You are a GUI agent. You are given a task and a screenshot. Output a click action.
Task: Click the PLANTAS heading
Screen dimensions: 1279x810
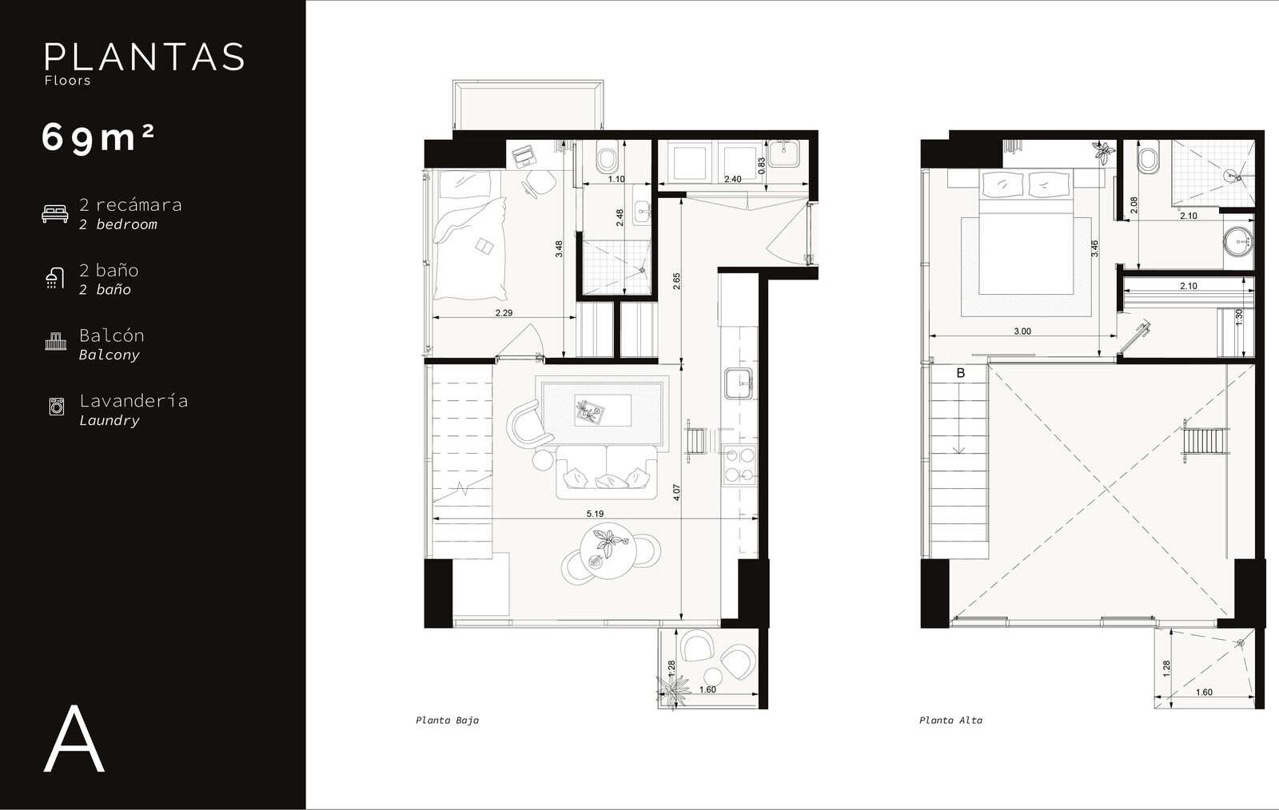pos(145,57)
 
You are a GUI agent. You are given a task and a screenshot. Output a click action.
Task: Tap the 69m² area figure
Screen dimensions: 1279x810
pos(98,138)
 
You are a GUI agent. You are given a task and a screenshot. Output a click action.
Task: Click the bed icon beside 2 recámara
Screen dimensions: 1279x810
pos(55,213)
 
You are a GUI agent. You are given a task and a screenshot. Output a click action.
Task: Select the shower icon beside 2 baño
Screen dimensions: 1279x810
pos(55,278)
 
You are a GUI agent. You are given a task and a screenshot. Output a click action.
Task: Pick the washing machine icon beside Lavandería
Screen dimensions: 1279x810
pos(57,407)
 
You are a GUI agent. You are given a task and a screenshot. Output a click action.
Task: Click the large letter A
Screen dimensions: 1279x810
pos(74,739)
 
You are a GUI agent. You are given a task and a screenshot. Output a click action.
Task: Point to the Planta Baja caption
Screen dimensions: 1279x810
pos(447,721)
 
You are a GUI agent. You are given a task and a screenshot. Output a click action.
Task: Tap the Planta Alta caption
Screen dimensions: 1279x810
pos(950,721)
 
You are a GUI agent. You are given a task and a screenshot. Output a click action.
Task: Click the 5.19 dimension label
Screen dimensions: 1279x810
pos(595,514)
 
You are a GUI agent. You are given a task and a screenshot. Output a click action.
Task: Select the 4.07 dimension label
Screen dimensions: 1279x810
pos(676,492)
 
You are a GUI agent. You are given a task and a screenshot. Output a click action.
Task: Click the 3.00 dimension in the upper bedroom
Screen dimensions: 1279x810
pos(1022,332)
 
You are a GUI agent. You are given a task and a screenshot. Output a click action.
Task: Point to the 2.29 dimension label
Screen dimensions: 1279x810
pos(504,312)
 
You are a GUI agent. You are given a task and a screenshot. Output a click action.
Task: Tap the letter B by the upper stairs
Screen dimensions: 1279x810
pos(961,373)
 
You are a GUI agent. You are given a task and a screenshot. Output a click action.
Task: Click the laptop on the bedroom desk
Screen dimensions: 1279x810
pos(522,157)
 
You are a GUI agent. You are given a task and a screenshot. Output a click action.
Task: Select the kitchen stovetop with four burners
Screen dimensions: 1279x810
pos(740,464)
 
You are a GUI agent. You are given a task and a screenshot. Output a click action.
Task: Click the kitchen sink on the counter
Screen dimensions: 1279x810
pos(739,383)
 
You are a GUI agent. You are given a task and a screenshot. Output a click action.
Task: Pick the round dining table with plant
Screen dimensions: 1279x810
pos(608,551)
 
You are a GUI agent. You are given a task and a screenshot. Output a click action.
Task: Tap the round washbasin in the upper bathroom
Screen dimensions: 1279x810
pos(1238,243)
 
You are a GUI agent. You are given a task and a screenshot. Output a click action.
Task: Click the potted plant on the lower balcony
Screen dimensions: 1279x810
pos(672,691)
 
